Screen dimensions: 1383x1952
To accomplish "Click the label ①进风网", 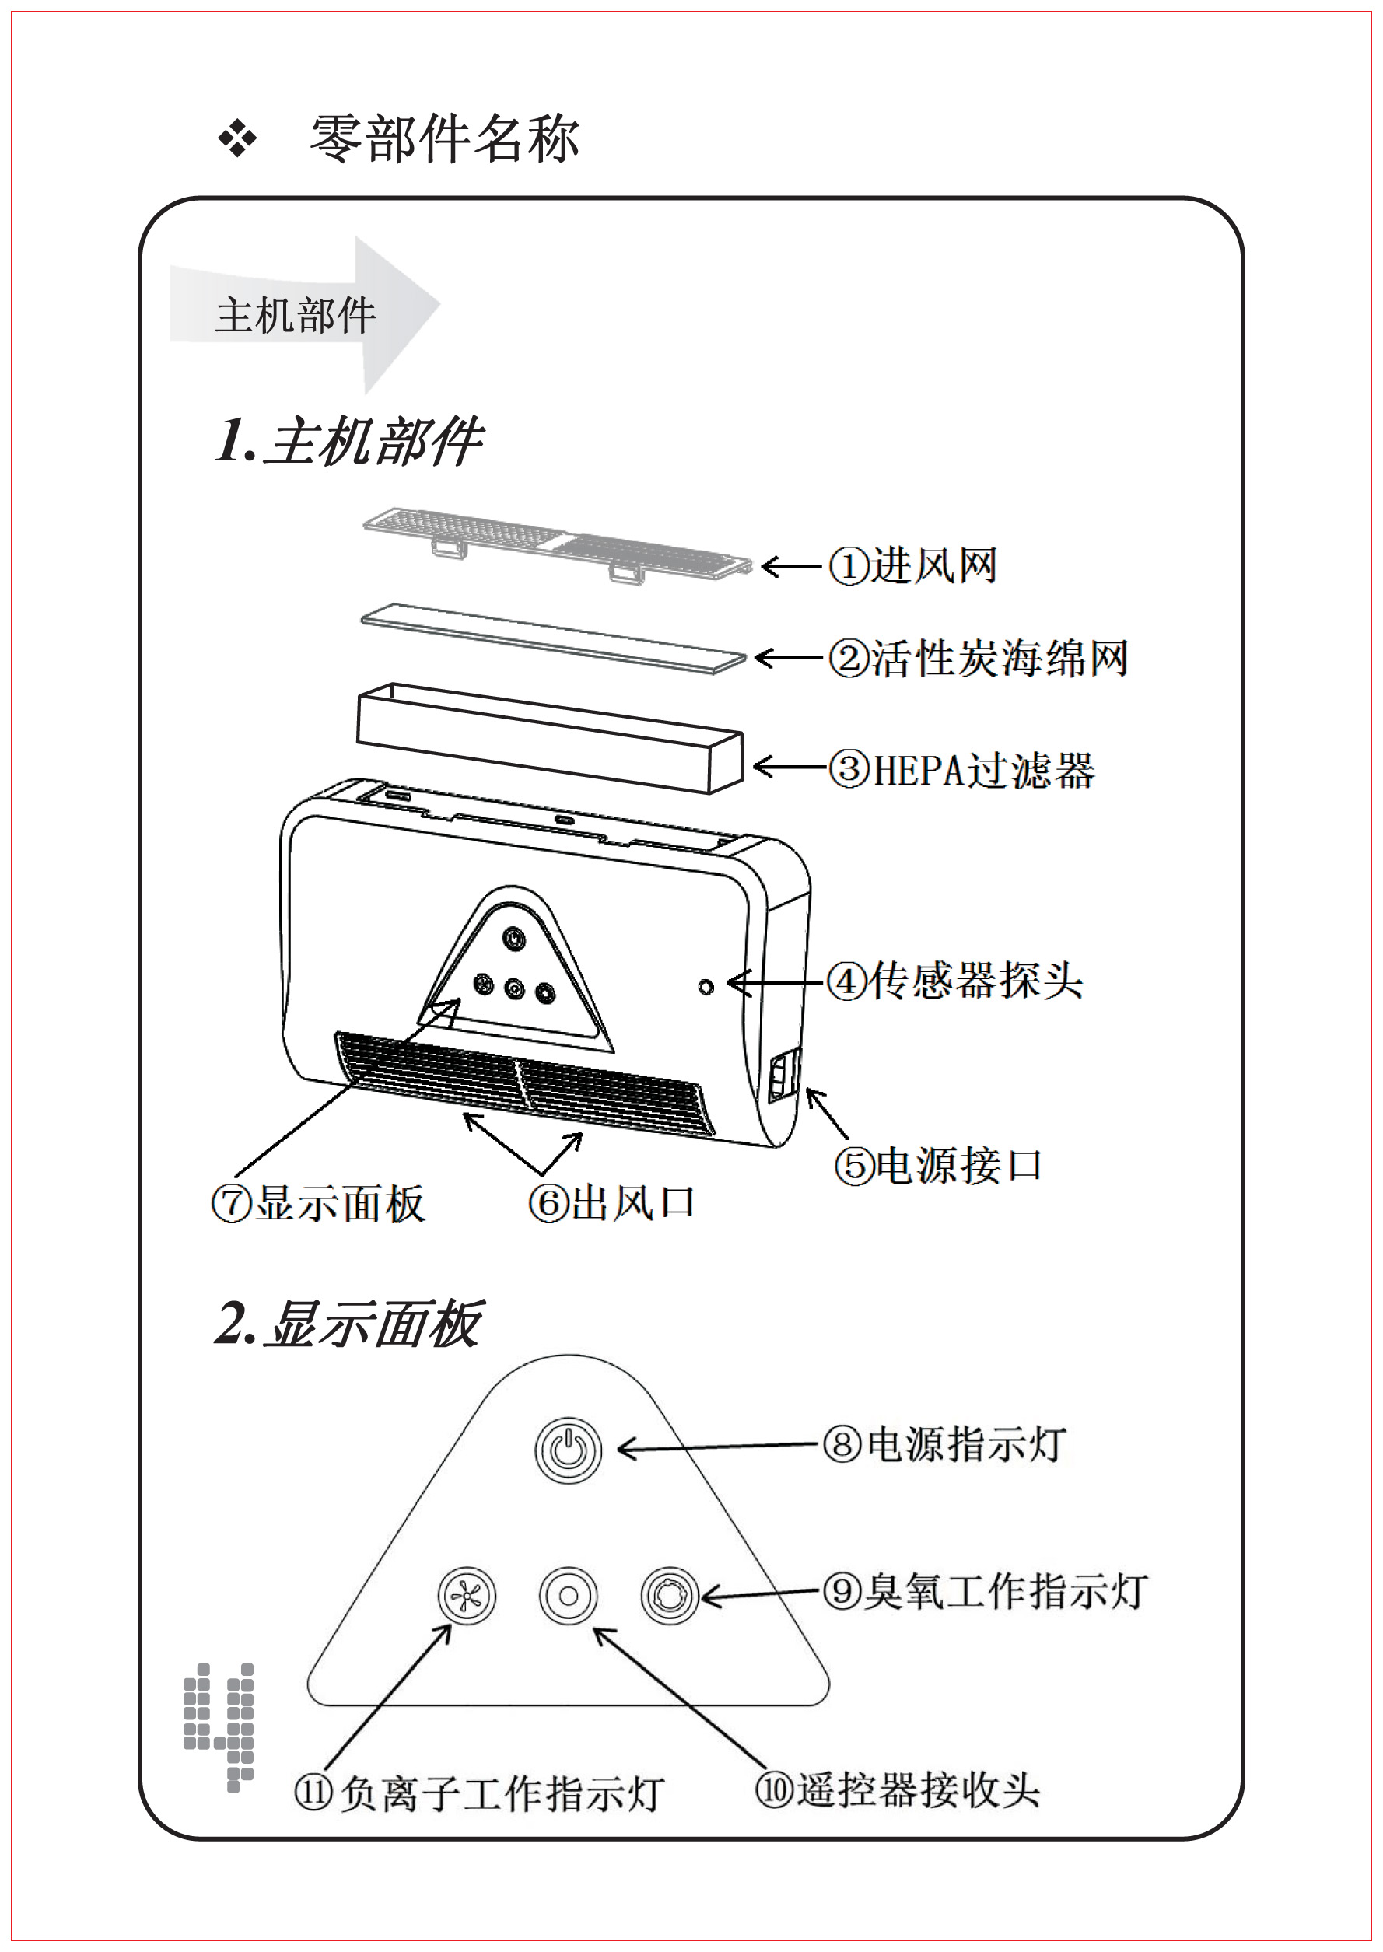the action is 913,566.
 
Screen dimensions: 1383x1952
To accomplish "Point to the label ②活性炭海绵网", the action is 979,658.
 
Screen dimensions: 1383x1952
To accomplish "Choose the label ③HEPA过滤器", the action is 961,770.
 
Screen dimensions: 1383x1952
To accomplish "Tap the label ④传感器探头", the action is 954,981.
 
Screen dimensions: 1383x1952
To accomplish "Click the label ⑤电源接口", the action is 937,1166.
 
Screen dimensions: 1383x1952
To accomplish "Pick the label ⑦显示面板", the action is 318,1205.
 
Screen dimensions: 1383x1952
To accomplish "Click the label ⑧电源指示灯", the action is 944,1444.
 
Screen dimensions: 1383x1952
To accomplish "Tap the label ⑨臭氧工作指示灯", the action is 985,1590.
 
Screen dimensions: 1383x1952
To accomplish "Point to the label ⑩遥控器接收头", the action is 898,1789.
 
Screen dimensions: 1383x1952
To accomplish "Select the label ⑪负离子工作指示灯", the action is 478,1793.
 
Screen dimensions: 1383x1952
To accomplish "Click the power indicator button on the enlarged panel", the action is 568,1449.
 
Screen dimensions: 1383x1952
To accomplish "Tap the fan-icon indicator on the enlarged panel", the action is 466,1595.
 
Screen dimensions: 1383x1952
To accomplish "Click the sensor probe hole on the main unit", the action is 706,987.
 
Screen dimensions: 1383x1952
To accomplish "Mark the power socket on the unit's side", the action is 784,1079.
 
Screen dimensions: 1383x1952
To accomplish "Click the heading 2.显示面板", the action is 349,1324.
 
